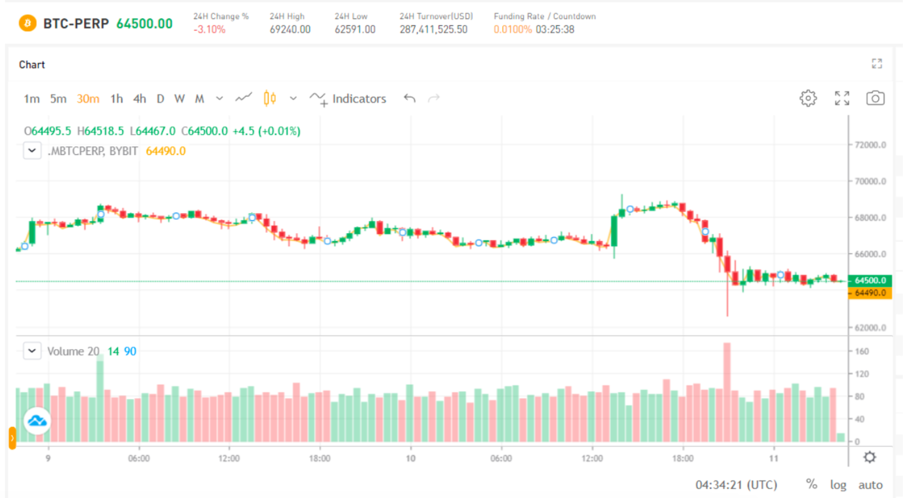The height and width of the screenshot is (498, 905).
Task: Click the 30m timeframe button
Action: coord(88,99)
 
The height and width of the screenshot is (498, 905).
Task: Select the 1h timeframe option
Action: coord(117,99)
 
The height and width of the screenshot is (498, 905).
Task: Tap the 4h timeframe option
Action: coord(140,99)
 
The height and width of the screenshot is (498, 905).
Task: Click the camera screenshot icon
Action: coord(875,99)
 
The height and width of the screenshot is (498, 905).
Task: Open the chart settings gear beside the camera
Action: coord(808,99)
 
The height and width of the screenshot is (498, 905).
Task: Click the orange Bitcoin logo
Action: coord(28,23)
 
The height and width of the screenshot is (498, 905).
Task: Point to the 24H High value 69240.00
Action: coord(290,30)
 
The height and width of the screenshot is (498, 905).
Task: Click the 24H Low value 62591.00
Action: coord(355,30)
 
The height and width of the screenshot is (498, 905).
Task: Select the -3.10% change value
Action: coord(209,30)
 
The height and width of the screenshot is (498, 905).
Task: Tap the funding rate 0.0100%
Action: coord(513,30)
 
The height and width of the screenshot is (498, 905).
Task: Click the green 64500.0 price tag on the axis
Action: coord(870,281)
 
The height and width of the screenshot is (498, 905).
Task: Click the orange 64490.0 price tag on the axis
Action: coord(870,293)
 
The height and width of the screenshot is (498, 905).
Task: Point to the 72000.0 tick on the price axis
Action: coord(870,145)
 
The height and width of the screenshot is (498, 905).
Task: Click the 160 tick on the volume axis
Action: coord(862,351)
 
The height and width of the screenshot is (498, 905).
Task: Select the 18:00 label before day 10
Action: coord(319,459)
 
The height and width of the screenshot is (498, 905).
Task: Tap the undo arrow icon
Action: coord(409,99)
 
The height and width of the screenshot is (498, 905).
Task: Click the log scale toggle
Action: coord(838,485)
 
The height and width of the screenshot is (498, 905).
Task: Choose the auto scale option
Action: coord(870,485)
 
